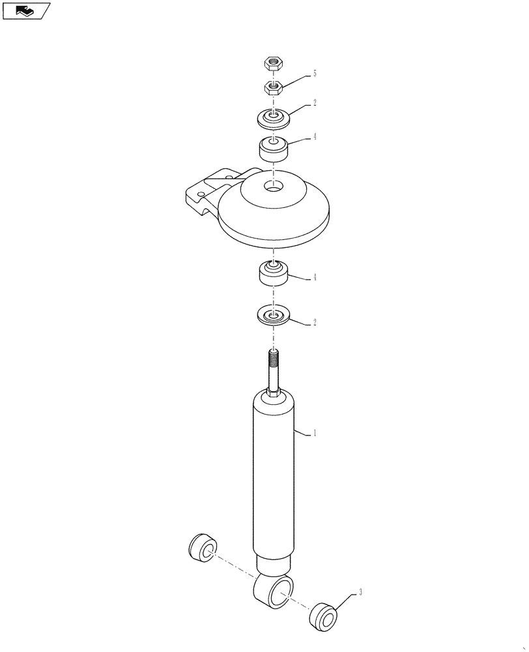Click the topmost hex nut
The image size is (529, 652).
click(272, 63)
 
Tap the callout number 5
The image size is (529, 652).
click(315, 74)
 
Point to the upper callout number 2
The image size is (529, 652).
click(315, 103)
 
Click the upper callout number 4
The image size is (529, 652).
click(315, 138)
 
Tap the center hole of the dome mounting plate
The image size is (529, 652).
click(274, 187)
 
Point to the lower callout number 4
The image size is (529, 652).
click(315, 278)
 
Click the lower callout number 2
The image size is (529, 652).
click(315, 322)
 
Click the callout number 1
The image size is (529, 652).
click(315, 433)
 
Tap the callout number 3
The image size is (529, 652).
click(360, 593)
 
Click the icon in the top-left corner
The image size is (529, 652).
click(27, 10)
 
